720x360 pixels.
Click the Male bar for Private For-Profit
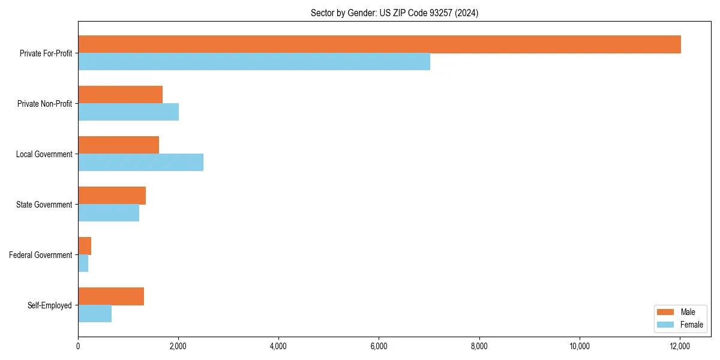point(379,44)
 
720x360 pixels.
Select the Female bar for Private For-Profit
point(254,62)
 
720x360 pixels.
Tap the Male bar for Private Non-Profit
point(120,95)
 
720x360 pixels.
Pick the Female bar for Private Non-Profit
point(128,112)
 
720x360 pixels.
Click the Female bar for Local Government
point(140,163)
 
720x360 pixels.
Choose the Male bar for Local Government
point(118,145)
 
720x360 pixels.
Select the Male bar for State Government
point(112,196)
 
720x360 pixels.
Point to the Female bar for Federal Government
point(83,263)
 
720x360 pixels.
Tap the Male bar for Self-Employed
point(111,296)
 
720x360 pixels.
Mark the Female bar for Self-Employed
point(95,314)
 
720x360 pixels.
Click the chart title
point(394,13)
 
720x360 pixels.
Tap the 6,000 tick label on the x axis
point(379,346)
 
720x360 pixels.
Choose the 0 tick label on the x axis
point(78,346)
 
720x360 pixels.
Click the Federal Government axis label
point(41,255)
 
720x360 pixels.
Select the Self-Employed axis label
point(50,305)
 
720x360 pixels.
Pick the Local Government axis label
point(44,154)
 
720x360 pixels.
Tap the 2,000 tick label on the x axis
point(178,346)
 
